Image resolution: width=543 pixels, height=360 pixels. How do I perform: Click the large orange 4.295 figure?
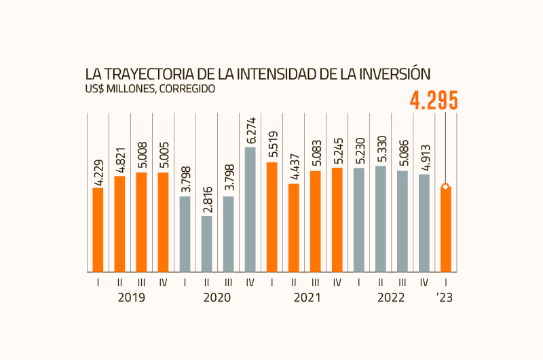(x=434, y=101)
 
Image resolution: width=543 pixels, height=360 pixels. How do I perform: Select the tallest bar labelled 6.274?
(x=250, y=209)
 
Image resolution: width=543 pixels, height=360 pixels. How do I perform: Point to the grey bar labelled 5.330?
(x=381, y=219)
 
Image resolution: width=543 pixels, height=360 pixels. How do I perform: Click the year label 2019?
(x=131, y=298)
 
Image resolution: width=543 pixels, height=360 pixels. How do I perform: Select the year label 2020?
(x=218, y=298)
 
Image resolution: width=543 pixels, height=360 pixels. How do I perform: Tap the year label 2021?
(x=305, y=298)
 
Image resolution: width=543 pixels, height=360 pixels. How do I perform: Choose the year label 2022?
(x=392, y=298)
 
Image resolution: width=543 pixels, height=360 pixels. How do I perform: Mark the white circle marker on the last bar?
(x=445, y=187)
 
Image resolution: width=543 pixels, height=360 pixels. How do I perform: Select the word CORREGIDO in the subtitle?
(x=188, y=88)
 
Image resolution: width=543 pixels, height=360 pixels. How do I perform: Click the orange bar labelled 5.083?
(x=316, y=221)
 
